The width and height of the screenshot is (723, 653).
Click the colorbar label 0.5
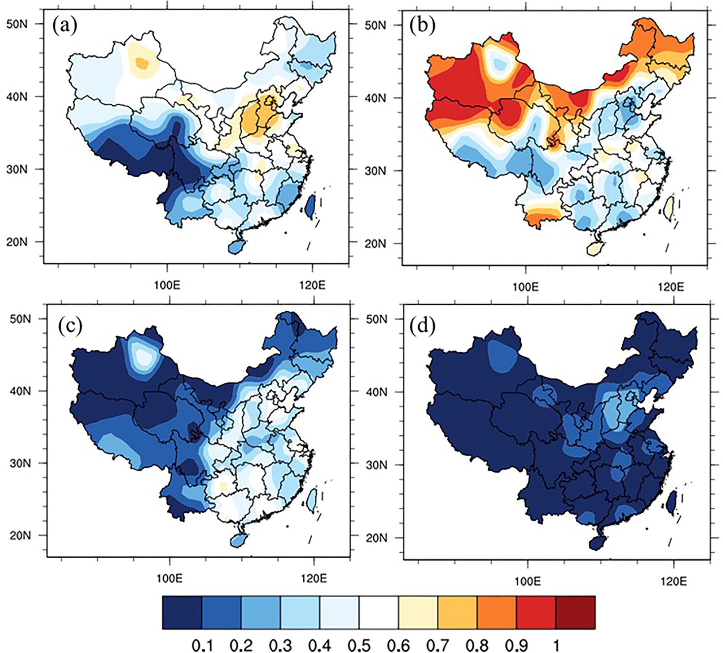point(359,635)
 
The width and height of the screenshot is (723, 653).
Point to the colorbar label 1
point(556,635)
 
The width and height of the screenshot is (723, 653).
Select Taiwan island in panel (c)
point(312,500)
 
